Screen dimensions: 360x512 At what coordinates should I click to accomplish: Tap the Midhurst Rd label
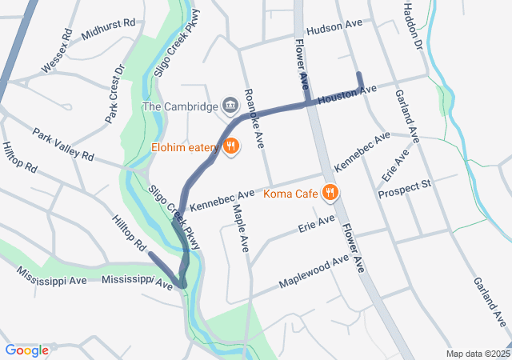click(108, 25)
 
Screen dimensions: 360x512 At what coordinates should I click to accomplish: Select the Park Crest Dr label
click(117, 94)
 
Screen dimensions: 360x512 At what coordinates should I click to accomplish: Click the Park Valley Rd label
click(63, 142)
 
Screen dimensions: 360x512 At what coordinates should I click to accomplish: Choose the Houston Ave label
click(346, 96)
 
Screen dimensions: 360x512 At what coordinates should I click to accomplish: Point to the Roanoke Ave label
click(254, 119)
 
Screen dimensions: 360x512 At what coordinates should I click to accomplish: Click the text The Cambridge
click(180, 106)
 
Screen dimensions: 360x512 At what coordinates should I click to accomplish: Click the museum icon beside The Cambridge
click(230, 105)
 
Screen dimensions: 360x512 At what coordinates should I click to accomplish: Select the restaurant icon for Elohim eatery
click(230, 146)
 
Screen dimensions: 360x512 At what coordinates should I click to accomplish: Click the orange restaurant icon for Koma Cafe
click(330, 192)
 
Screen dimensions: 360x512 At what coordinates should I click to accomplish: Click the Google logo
click(27, 350)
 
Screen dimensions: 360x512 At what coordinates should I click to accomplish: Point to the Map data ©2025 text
click(477, 354)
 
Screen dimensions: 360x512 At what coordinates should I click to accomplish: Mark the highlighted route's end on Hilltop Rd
click(150, 254)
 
